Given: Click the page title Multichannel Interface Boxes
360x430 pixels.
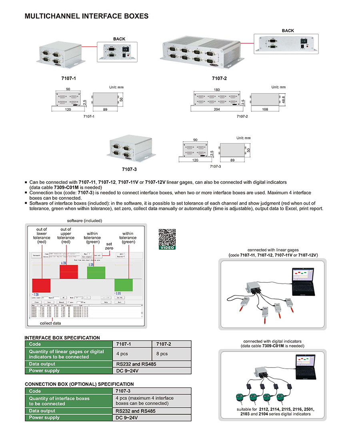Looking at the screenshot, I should tap(86, 16).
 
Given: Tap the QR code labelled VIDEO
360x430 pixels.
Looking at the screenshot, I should tap(167, 238).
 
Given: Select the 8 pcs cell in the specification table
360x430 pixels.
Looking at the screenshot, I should tap(162, 354).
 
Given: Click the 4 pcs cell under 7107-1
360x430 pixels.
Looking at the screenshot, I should tap(122, 354).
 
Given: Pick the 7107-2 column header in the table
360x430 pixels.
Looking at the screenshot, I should tap(164, 344).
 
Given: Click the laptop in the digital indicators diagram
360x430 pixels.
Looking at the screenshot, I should tap(306, 368).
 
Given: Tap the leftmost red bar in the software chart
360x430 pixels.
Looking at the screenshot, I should tap(41, 285).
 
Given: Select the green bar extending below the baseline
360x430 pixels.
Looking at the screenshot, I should tap(123, 285).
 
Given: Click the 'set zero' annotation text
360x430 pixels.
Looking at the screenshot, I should tap(108, 246).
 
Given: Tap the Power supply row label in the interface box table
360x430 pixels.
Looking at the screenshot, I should tap(44, 371).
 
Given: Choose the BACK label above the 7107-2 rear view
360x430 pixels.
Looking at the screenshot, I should tap(288, 30).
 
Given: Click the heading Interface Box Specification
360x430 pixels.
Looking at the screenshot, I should tap(62, 338).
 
